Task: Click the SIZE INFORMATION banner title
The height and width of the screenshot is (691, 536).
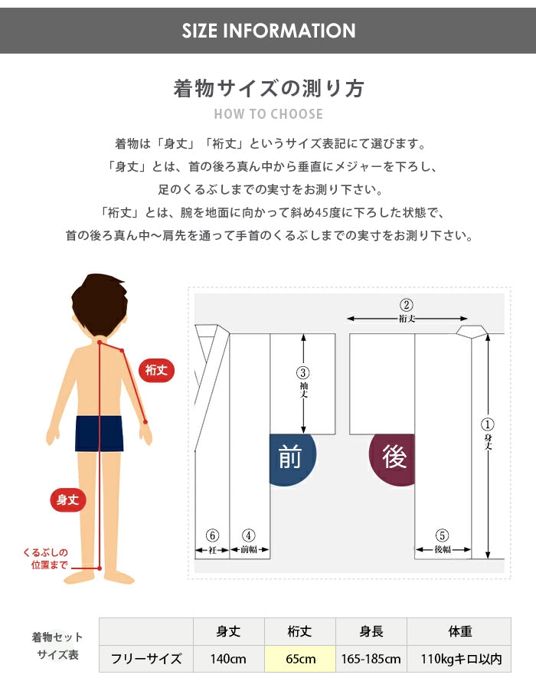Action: click(x=269, y=31)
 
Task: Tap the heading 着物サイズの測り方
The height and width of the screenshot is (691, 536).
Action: click(x=269, y=88)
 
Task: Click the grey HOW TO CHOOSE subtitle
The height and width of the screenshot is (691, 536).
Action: click(x=268, y=114)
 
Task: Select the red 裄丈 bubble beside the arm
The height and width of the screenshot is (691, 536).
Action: click(x=157, y=370)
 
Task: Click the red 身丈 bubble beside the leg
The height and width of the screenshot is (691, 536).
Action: click(x=68, y=499)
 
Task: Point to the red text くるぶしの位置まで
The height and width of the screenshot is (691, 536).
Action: click(x=46, y=558)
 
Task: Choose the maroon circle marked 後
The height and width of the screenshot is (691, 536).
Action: click(x=392, y=458)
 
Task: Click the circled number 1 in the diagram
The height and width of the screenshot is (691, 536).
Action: click(x=487, y=425)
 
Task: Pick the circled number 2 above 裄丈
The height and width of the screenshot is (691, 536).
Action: click(x=406, y=305)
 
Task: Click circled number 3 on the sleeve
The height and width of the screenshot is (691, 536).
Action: click(x=302, y=373)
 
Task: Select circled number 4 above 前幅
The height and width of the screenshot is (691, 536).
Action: click(x=249, y=535)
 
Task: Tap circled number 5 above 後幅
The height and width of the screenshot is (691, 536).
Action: click(x=442, y=535)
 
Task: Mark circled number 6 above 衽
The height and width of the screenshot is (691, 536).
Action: click(x=212, y=535)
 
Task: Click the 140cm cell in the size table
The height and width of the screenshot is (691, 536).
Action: click(x=229, y=659)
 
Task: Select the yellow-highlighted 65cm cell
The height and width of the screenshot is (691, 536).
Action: click(x=300, y=659)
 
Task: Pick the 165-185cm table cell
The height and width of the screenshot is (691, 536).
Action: click(x=371, y=659)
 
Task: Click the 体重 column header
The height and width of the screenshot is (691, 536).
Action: click(x=459, y=631)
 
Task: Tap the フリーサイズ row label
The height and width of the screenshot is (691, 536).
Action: click(x=146, y=659)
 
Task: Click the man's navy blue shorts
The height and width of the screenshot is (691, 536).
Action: click(x=99, y=434)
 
